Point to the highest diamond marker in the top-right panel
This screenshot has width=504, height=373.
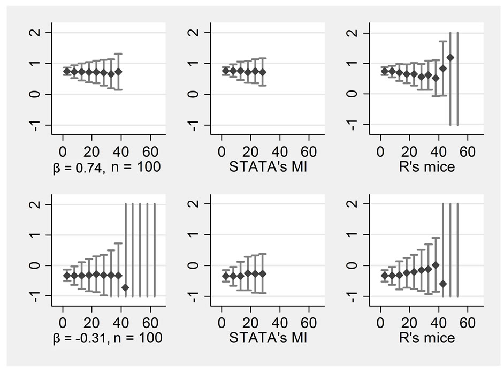(450, 57)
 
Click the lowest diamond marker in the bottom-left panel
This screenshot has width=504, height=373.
(125, 287)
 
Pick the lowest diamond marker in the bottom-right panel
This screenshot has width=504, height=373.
(442, 284)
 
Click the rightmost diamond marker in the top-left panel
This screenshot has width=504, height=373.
(118, 71)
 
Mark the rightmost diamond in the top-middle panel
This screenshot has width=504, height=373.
(262, 72)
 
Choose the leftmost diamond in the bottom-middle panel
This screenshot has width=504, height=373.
(226, 276)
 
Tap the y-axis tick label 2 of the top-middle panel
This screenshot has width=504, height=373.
(198, 33)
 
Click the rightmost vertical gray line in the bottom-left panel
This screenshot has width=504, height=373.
(155, 250)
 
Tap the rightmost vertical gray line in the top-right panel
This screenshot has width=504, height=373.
(457, 79)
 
